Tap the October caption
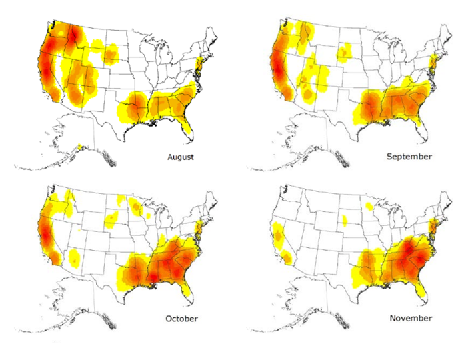181,319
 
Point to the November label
411,318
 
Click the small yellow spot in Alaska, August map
79,147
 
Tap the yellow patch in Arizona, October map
75,257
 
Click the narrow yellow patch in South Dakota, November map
345,220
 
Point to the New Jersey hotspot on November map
431,227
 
